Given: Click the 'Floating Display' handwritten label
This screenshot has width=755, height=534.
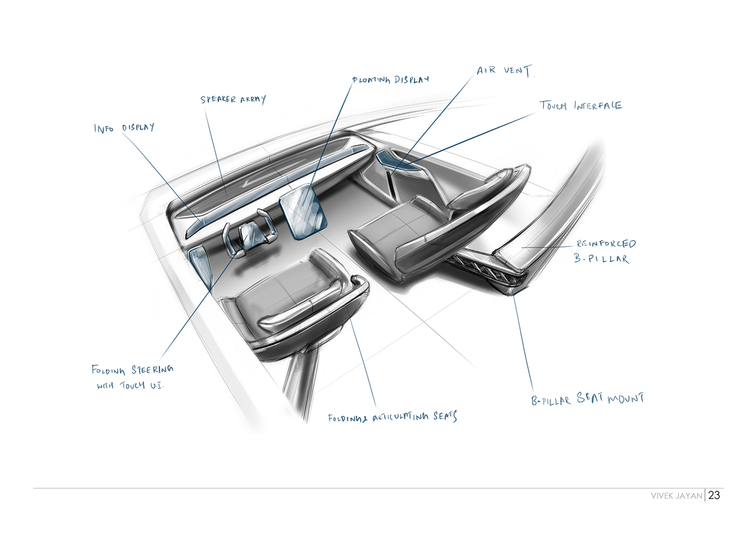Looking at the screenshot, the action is [391, 80].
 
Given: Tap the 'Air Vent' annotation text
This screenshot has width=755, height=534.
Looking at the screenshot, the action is [504, 71].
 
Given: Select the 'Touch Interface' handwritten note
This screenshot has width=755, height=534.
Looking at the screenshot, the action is [581, 106].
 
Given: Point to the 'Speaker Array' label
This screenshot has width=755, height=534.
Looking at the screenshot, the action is [233, 99].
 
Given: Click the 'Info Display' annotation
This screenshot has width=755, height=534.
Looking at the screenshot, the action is [124, 128].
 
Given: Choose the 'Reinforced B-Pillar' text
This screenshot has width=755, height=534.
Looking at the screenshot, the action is [604, 251].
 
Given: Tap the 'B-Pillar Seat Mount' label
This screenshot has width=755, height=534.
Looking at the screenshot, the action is [587, 400].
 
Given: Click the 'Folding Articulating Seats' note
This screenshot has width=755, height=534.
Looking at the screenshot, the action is [392, 417].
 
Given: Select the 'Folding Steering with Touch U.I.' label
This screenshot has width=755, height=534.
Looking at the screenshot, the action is [132, 376].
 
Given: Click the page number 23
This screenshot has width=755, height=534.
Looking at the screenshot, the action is [714, 495].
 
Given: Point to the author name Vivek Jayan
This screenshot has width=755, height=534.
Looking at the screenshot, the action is [676, 496].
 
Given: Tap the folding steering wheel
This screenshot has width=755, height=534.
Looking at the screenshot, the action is [249, 235].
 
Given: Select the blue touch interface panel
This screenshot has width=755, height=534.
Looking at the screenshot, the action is [396, 160].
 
